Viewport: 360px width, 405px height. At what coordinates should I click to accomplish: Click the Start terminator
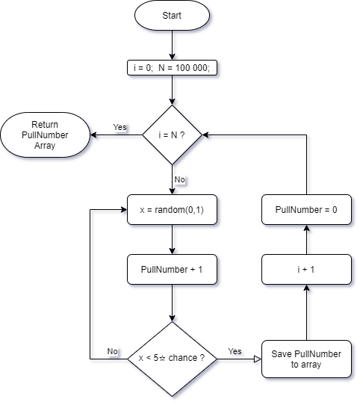tap(173, 16)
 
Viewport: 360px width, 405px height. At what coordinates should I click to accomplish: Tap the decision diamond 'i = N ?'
tap(173, 135)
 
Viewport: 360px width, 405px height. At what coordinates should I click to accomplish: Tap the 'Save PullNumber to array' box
tap(306, 359)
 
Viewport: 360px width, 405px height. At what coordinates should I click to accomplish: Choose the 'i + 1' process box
tap(306, 268)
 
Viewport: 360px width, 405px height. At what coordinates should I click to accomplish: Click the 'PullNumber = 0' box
tap(306, 210)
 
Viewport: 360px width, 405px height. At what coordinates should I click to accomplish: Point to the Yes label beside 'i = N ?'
tap(120, 128)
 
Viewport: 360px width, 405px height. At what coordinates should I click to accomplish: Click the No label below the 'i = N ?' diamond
tap(180, 180)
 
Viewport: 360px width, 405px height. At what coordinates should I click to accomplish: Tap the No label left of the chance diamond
tap(112, 351)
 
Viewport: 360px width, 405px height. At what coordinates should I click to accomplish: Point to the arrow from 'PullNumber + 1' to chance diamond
tap(173, 303)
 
